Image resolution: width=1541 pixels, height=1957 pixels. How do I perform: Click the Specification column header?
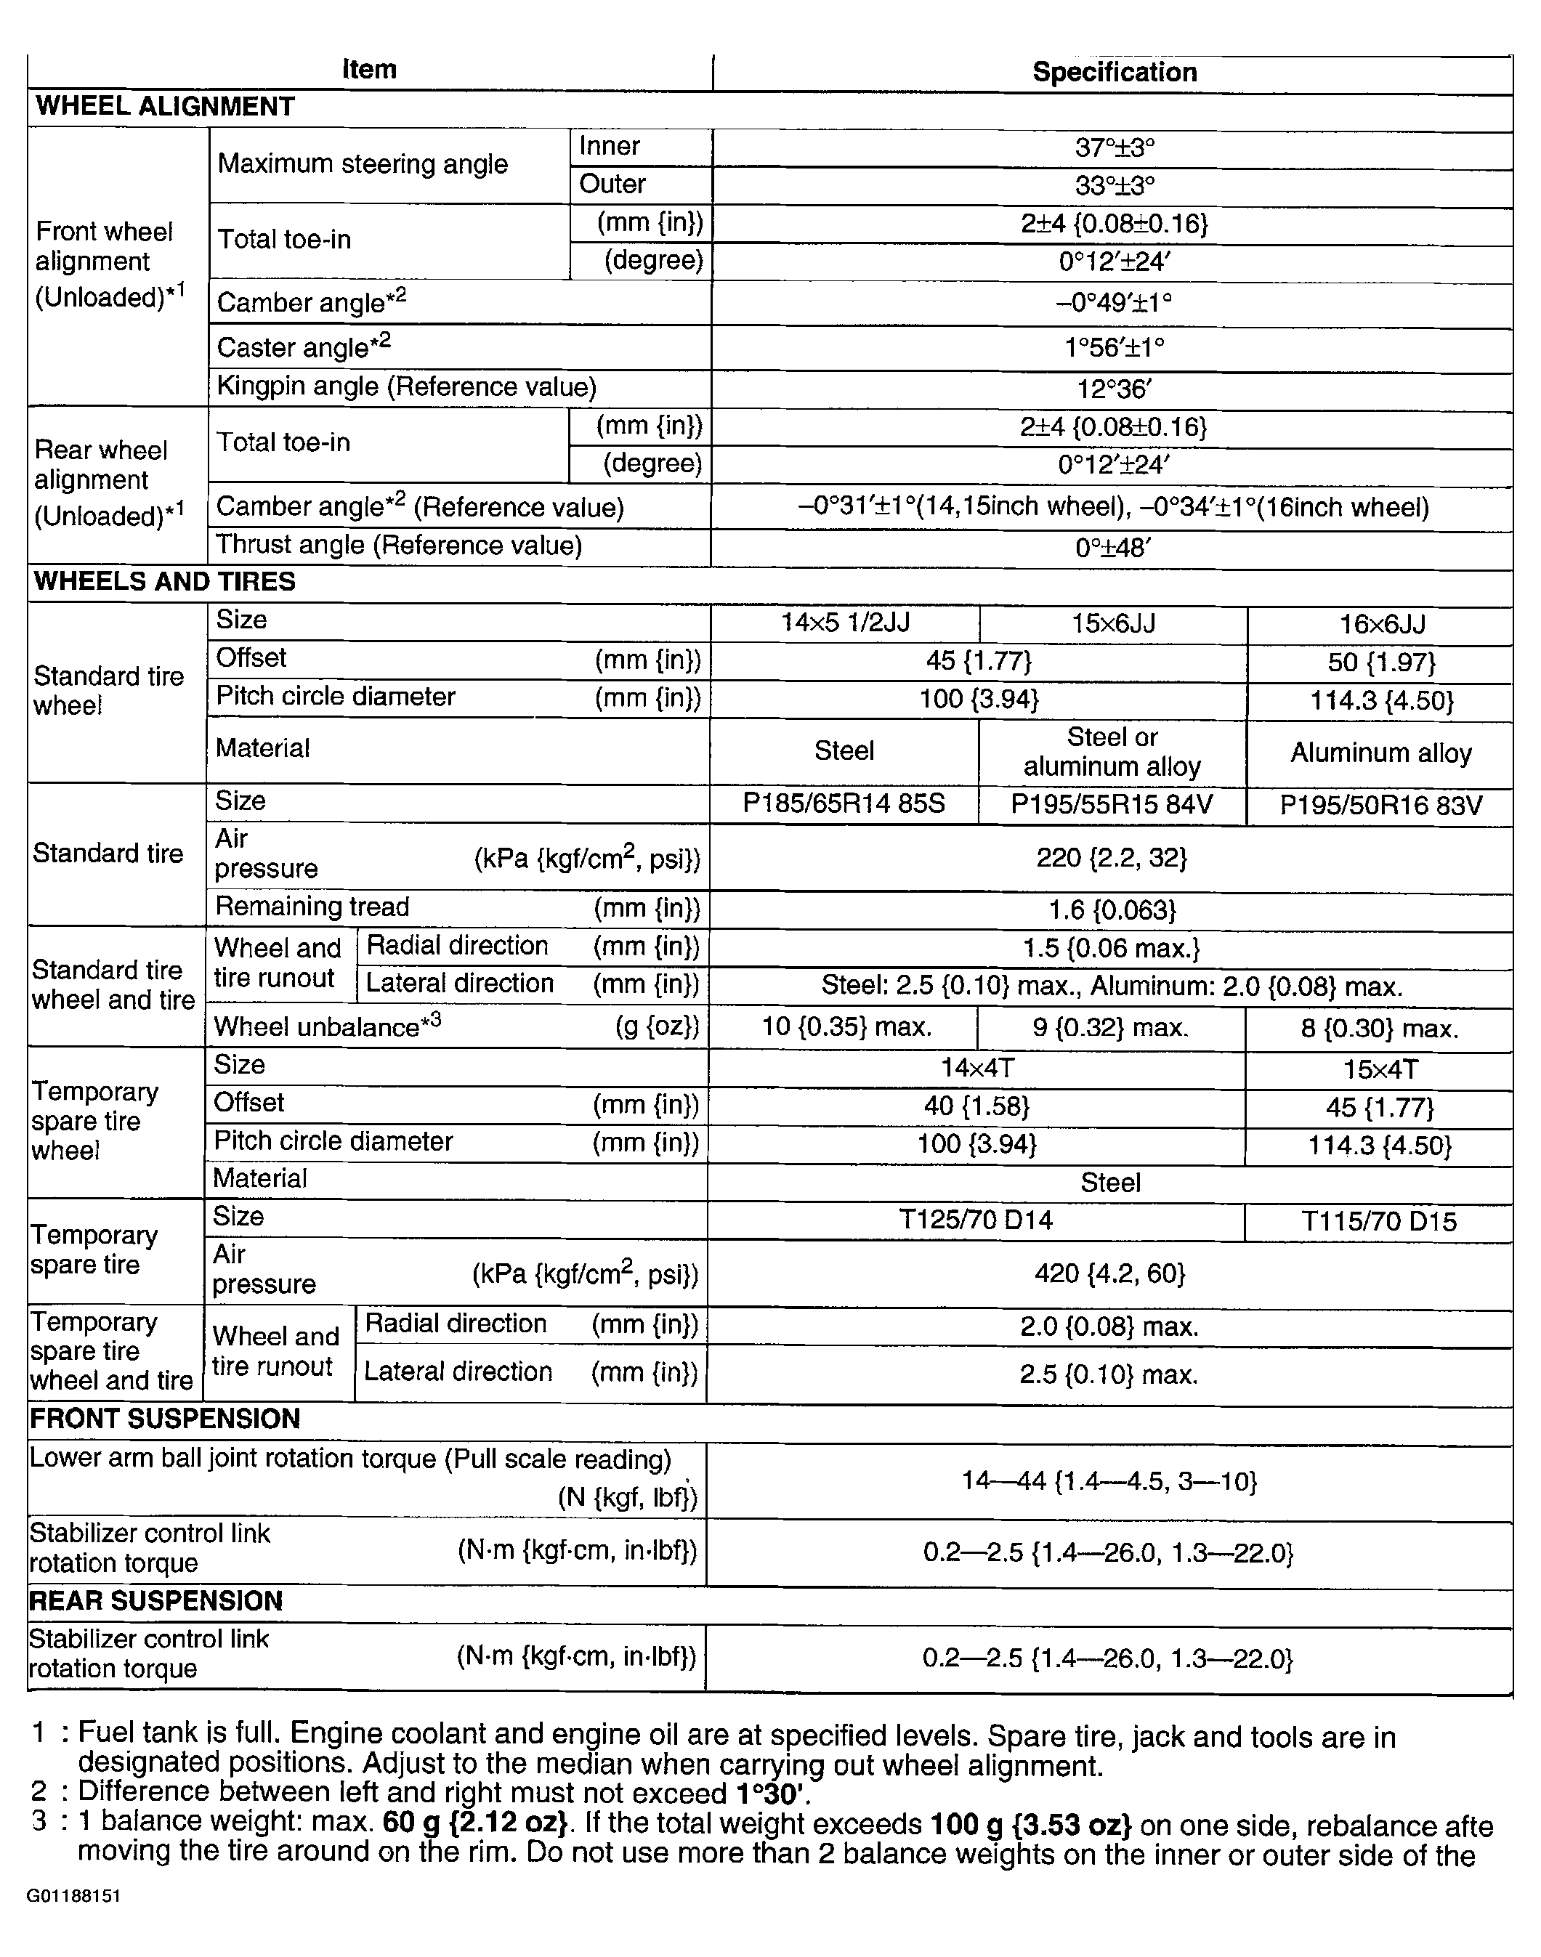pyautogui.click(x=1115, y=72)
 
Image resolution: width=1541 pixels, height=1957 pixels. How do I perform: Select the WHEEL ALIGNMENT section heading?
pyautogui.click(x=165, y=106)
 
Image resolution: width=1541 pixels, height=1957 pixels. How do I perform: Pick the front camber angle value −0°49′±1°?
pyautogui.click(x=1115, y=302)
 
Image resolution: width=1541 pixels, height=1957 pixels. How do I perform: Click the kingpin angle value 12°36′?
pyautogui.click(x=1115, y=389)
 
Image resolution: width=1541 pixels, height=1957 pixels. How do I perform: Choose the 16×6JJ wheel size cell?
pyautogui.click(x=1381, y=624)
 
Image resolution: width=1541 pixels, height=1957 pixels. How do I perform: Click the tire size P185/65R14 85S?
pyautogui.click(x=844, y=803)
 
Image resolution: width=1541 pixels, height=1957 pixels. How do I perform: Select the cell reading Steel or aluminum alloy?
pyautogui.click(x=1112, y=751)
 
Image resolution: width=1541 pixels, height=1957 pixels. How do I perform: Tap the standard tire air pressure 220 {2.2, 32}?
pyautogui.click(x=1112, y=856)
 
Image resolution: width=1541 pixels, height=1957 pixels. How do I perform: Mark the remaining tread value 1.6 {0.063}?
pyautogui.click(x=1112, y=909)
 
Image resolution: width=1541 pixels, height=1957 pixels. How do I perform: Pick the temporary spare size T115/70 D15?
pyautogui.click(x=1378, y=1221)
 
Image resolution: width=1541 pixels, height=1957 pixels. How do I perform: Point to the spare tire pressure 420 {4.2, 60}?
pyautogui.click(x=1109, y=1273)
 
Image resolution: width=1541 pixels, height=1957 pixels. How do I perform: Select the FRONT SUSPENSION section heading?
pyautogui.click(x=164, y=1419)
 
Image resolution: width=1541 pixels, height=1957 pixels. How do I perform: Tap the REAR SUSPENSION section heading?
pyautogui.click(x=156, y=1601)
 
